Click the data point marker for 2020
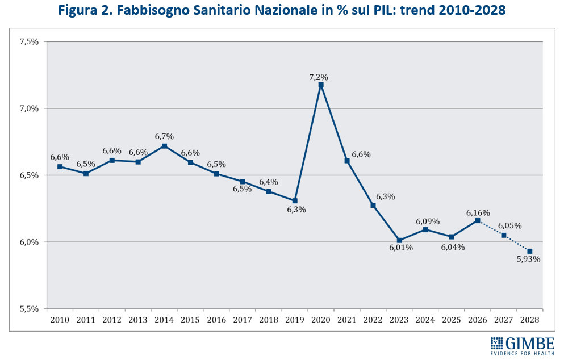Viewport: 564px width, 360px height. [321, 85]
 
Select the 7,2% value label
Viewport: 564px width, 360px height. [319, 77]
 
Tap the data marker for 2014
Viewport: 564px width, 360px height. [164, 146]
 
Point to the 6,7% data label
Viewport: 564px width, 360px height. [164, 136]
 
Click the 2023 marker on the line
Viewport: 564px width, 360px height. [399, 240]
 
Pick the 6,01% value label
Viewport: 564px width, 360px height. [400, 248]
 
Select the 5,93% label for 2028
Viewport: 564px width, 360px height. [528, 259]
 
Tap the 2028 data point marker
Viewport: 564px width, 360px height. [530, 251]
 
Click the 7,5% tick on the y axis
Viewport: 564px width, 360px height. [28, 41]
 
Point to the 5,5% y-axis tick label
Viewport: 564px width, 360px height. [28, 309]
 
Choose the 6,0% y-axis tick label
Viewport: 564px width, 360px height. [28, 242]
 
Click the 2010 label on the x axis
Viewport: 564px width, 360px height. [60, 320]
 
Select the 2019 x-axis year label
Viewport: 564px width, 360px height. [295, 320]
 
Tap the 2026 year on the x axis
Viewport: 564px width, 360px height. [478, 320]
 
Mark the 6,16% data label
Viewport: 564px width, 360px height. [478, 212]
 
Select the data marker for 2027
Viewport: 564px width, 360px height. [504, 235]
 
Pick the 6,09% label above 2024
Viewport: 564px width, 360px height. [428, 221]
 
